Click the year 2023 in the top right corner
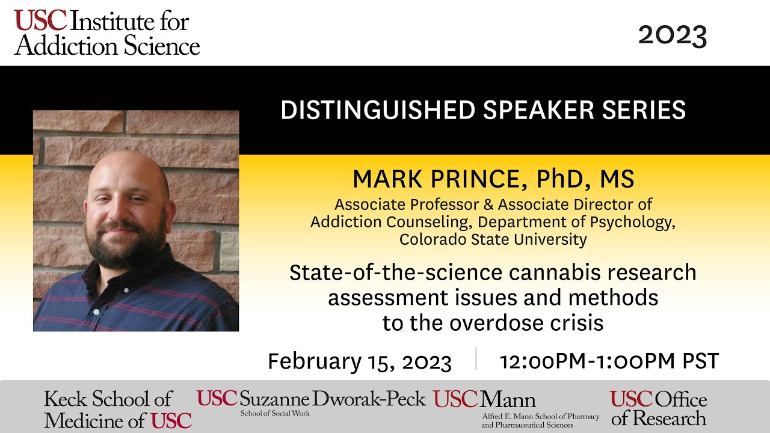click(672, 36)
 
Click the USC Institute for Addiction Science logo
click(106, 34)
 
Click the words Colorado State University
click(493, 239)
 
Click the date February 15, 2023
click(359, 361)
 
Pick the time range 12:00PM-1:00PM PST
click(609, 361)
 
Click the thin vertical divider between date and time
click(476, 358)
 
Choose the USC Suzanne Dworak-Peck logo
click(311, 401)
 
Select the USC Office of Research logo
click(659, 408)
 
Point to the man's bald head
click(130, 165)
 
